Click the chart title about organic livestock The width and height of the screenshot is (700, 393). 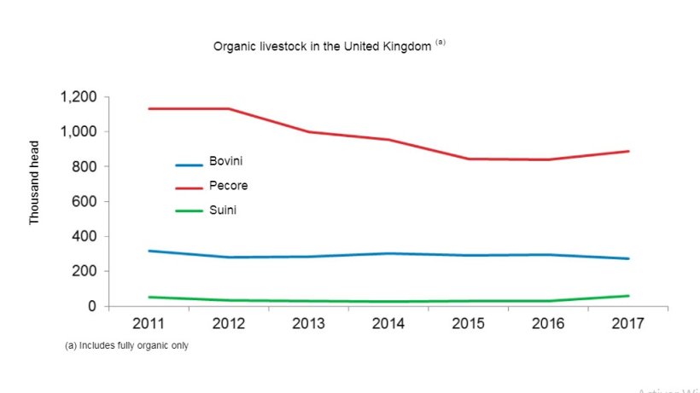pos(323,46)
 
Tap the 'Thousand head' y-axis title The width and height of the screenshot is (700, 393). pos(35,195)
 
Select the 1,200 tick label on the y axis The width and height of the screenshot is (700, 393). pos(79,97)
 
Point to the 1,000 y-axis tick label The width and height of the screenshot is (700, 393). pos(79,132)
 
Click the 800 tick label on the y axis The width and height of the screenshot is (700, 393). pos(86,167)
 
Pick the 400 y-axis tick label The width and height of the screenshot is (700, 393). pos(86,236)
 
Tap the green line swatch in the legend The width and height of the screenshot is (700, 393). pos(189,213)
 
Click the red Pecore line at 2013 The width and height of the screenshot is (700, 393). pos(309,132)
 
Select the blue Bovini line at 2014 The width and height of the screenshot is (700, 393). pos(388,253)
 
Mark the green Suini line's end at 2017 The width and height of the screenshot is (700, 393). pos(628,296)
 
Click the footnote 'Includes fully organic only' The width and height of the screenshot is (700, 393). pos(125,346)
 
